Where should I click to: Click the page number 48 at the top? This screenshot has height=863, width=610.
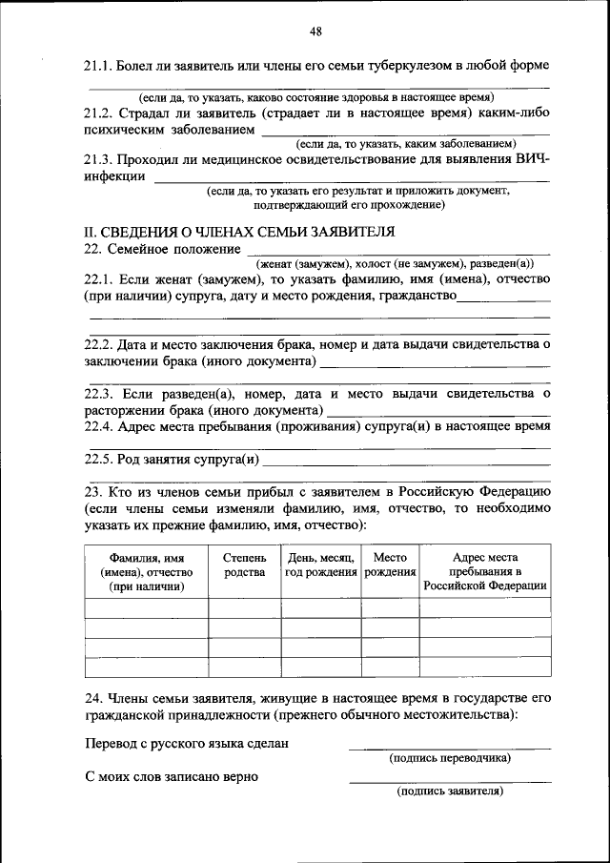coord(315,31)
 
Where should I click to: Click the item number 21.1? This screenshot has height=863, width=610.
coord(99,66)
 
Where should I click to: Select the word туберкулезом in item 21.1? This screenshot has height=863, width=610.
coord(395,66)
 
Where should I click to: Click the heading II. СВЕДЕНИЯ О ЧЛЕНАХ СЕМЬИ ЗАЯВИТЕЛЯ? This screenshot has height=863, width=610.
coord(239,232)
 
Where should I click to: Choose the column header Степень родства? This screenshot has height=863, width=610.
coord(244,565)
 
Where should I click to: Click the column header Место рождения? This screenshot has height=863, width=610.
coord(390,565)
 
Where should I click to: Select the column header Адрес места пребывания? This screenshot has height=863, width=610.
coord(485,571)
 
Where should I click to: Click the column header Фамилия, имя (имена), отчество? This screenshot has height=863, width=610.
coord(147,571)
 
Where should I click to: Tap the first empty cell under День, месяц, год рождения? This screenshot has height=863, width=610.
coord(320,608)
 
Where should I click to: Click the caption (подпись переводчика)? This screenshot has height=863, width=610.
coord(449,758)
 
